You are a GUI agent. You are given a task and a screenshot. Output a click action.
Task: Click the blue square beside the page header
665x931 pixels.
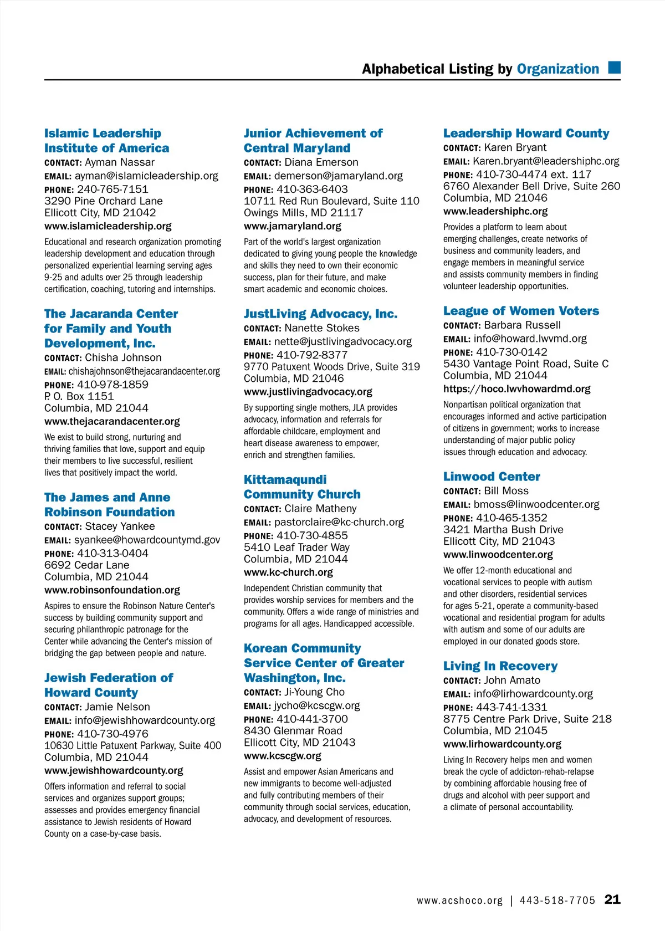point(614,68)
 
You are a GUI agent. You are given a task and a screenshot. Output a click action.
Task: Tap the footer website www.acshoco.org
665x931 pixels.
point(459,901)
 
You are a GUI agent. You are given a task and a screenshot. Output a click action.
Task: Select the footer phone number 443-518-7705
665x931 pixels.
point(557,901)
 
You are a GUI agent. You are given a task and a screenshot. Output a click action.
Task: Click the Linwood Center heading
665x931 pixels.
point(492,477)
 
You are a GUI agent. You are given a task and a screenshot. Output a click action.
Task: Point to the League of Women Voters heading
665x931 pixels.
point(521,311)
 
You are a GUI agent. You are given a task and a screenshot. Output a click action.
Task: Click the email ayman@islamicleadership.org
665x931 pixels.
point(146,176)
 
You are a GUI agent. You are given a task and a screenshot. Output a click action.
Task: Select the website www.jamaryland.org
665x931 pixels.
point(293,226)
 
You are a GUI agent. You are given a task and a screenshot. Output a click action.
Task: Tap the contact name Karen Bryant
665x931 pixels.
point(515,147)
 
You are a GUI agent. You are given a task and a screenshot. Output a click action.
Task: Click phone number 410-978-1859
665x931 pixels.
point(112,385)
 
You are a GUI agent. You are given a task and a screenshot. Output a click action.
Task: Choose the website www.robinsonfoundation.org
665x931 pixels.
point(112,590)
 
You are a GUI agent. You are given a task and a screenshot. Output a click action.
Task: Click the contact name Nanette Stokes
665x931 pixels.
point(322,328)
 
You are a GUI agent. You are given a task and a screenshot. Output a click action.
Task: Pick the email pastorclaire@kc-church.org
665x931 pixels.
point(339,522)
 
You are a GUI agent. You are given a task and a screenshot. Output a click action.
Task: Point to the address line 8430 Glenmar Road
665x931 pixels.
point(293,731)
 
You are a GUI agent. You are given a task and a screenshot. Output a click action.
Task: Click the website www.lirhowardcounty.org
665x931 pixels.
point(502,744)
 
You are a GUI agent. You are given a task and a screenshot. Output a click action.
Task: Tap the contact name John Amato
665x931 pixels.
point(512,681)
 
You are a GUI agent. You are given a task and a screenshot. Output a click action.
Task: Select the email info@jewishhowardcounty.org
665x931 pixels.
point(145,720)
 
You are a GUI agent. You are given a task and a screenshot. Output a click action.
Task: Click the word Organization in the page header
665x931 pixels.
point(557,69)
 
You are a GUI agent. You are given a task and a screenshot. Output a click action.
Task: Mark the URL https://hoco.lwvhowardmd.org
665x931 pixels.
point(516,389)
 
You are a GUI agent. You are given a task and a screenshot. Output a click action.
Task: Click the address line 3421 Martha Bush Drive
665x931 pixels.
point(503,530)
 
